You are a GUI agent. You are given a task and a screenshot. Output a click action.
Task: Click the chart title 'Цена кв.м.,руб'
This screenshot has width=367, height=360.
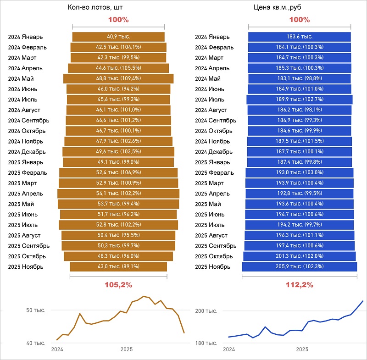[x=279, y=8]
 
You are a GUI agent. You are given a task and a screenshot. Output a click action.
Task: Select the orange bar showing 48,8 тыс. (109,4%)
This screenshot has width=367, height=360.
[x=118, y=78]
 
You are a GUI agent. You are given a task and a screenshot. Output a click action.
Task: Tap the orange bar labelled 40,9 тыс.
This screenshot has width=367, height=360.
[x=118, y=37]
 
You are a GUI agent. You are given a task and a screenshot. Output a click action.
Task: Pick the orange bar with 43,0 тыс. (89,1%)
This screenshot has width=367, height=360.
[x=118, y=266]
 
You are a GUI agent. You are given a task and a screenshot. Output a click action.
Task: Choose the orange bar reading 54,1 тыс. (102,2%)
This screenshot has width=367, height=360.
[x=118, y=194]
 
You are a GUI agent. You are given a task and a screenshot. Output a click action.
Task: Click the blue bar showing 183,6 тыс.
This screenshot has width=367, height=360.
[x=299, y=37]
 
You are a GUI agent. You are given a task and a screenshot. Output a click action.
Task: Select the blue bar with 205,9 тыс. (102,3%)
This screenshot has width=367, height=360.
[x=299, y=266]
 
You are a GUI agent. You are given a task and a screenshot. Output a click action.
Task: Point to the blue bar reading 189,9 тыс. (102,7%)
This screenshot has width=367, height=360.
[x=299, y=100]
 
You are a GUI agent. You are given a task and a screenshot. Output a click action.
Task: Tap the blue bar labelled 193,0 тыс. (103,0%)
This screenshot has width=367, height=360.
[x=299, y=172]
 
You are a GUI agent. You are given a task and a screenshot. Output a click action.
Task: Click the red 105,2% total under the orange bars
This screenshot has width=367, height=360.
[x=118, y=285]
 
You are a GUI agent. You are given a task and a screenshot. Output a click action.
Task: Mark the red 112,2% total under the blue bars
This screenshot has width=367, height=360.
[x=300, y=285]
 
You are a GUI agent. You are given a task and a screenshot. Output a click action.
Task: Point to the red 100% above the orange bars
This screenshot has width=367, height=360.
[x=118, y=20]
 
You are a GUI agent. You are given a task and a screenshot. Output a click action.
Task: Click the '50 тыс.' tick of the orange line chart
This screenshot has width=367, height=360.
[x=35, y=310]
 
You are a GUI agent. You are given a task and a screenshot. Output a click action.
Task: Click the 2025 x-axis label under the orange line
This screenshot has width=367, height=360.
[x=127, y=349]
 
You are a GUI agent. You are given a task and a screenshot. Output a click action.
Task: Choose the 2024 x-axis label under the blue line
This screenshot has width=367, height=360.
[x=229, y=349]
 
